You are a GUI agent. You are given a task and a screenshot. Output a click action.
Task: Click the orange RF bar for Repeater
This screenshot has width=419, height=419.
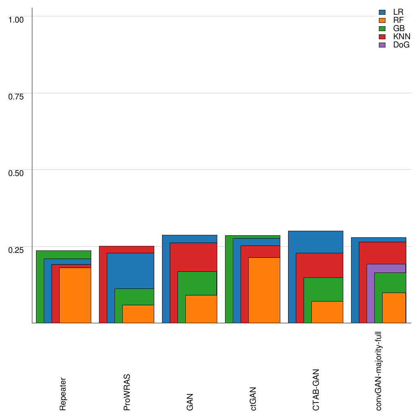pos(75,295)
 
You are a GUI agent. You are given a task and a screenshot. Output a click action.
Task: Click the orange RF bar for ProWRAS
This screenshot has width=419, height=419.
pos(138,314)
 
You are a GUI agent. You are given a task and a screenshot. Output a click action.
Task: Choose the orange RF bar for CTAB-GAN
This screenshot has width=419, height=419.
pos(327,312)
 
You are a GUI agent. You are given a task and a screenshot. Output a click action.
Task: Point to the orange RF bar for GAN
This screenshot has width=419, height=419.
pos(201,309)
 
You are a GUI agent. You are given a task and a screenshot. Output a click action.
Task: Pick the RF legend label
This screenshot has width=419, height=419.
pos(398,20)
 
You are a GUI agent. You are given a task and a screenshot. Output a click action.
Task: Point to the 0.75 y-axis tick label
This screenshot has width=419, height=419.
pos(17,96)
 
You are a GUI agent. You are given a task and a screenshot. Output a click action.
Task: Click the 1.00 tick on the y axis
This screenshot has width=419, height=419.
pos(17,20)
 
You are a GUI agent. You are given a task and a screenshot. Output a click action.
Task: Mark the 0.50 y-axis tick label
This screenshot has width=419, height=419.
pos(17,173)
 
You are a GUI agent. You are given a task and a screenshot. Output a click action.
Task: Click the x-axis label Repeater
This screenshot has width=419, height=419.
pos(63,394)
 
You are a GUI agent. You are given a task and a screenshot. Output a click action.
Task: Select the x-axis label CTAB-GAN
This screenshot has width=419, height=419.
pos(316,390)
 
